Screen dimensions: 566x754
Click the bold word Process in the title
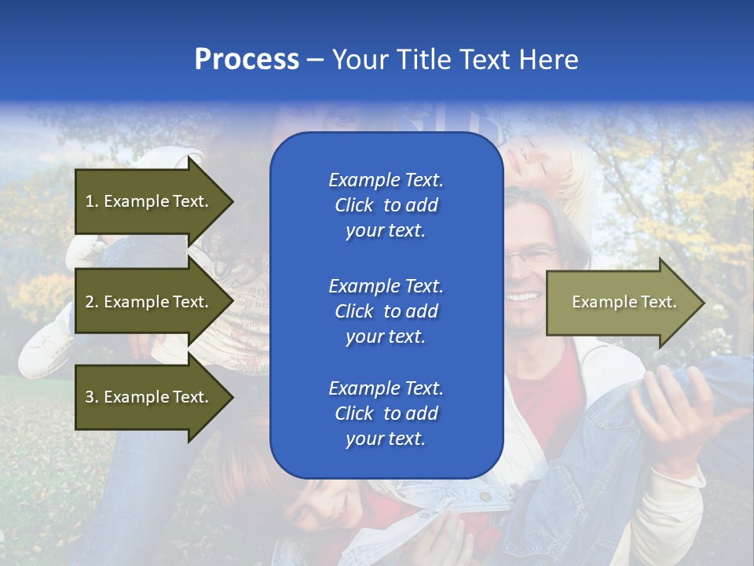[x=247, y=60]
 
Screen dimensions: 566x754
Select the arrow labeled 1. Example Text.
[x=149, y=201]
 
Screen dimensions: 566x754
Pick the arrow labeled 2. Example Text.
[x=149, y=302]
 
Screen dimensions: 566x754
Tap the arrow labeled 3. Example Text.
[x=149, y=397]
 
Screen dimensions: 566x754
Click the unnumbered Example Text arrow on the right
[x=620, y=303]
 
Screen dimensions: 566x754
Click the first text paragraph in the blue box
[x=386, y=205]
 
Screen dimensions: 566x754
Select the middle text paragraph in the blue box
[x=386, y=311]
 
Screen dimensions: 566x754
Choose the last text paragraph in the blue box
[x=386, y=413]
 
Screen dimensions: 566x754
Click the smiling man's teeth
[x=524, y=297]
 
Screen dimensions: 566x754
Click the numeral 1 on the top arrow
[x=89, y=201]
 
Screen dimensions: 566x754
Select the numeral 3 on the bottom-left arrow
[x=89, y=397]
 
